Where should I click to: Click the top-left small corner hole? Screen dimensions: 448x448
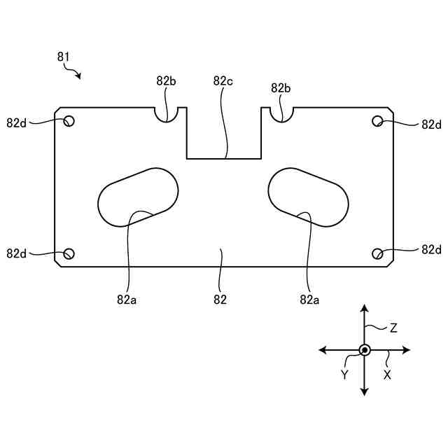(x=69, y=121)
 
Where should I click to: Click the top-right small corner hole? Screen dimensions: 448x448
(x=377, y=121)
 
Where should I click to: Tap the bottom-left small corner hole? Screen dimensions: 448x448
(x=69, y=253)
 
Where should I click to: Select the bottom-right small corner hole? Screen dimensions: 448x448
(x=377, y=253)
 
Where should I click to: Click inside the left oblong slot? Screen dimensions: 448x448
(x=138, y=197)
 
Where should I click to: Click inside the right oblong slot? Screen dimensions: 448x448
(x=308, y=197)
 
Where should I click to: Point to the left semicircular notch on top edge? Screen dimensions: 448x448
(x=167, y=113)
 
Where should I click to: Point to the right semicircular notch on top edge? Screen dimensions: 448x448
(x=281, y=113)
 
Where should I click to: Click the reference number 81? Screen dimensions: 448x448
(x=63, y=57)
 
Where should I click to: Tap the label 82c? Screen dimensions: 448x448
(x=223, y=81)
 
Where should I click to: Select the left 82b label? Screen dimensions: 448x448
(x=166, y=81)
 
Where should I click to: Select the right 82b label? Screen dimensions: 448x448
(x=281, y=88)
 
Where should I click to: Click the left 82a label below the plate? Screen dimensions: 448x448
(x=126, y=300)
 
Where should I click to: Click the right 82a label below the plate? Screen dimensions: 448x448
(x=309, y=300)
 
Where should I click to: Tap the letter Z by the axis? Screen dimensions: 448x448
(x=393, y=328)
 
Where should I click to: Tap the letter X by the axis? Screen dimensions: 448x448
(x=387, y=374)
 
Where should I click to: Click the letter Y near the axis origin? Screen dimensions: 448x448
(x=344, y=374)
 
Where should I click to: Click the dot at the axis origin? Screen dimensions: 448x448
(x=364, y=349)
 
